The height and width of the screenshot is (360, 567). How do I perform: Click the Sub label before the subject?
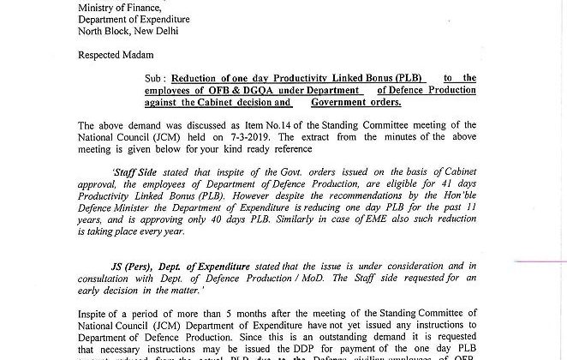(x=154, y=78)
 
